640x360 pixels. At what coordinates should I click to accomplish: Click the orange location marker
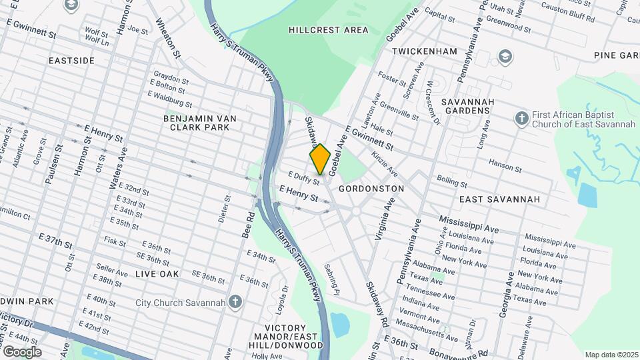(x=320, y=159)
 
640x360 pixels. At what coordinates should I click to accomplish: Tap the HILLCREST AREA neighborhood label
(x=329, y=30)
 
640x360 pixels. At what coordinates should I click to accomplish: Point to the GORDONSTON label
(x=371, y=189)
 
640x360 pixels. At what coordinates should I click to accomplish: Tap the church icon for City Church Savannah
(x=235, y=303)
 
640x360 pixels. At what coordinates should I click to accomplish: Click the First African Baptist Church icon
(x=522, y=119)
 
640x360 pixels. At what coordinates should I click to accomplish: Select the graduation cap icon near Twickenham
(x=505, y=55)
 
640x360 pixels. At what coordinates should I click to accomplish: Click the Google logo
(x=22, y=351)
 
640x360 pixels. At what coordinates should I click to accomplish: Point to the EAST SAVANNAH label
(x=499, y=199)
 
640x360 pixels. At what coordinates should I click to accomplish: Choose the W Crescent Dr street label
(x=434, y=102)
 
